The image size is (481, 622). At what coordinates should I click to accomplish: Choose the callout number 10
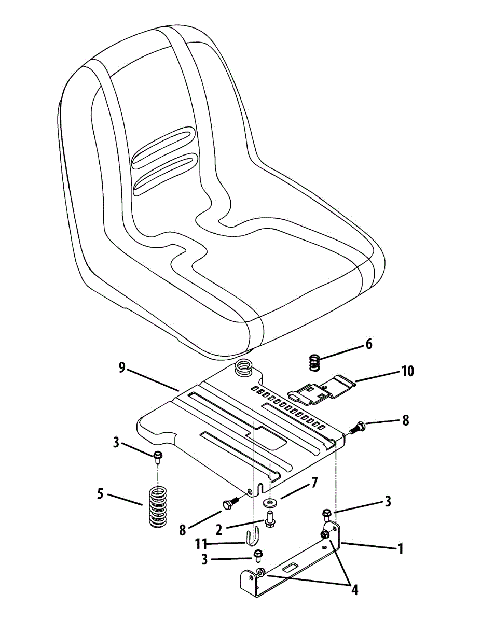point(407,372)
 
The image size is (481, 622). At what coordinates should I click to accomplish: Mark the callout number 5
point(100,494)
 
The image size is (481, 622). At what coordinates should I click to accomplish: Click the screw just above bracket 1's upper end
point(326,514)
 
